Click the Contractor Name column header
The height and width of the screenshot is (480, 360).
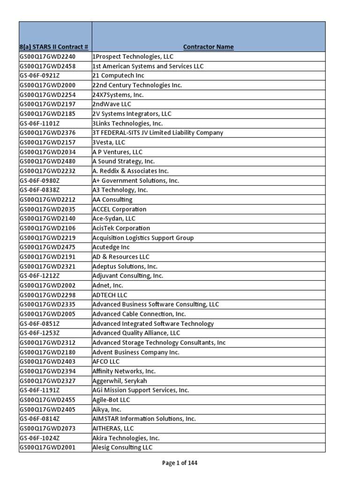208,47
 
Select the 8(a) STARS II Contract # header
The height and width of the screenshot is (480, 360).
54,47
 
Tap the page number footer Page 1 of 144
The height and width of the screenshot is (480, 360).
180,463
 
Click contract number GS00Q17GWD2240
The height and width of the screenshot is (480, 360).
47,57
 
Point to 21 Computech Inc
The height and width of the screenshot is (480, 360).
118,75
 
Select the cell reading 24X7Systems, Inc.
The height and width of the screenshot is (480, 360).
118,95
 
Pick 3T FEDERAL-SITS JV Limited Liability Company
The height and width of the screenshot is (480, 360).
157,133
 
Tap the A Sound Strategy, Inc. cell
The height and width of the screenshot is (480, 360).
123,161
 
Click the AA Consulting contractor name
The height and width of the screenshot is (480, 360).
112,200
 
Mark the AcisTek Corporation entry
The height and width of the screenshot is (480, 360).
121,228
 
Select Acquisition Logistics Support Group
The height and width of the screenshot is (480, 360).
143,238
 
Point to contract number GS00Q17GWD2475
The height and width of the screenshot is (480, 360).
47,247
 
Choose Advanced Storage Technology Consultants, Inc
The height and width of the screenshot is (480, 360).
159,343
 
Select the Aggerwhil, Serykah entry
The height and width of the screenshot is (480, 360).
120,381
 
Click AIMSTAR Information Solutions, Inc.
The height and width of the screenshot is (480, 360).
144,419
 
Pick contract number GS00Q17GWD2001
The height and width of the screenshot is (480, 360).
47,447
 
